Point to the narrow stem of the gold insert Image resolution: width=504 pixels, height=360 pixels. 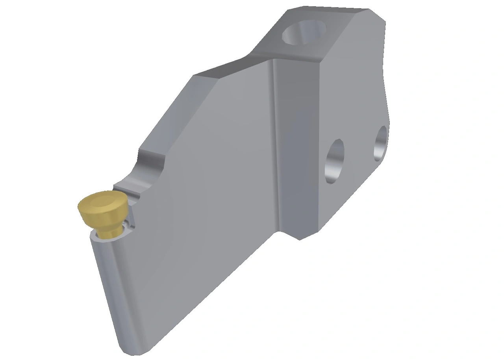coord(109,232)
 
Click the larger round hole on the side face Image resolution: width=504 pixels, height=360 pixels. coord(334,161)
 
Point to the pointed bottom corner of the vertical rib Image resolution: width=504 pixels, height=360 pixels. coord(300,239)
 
